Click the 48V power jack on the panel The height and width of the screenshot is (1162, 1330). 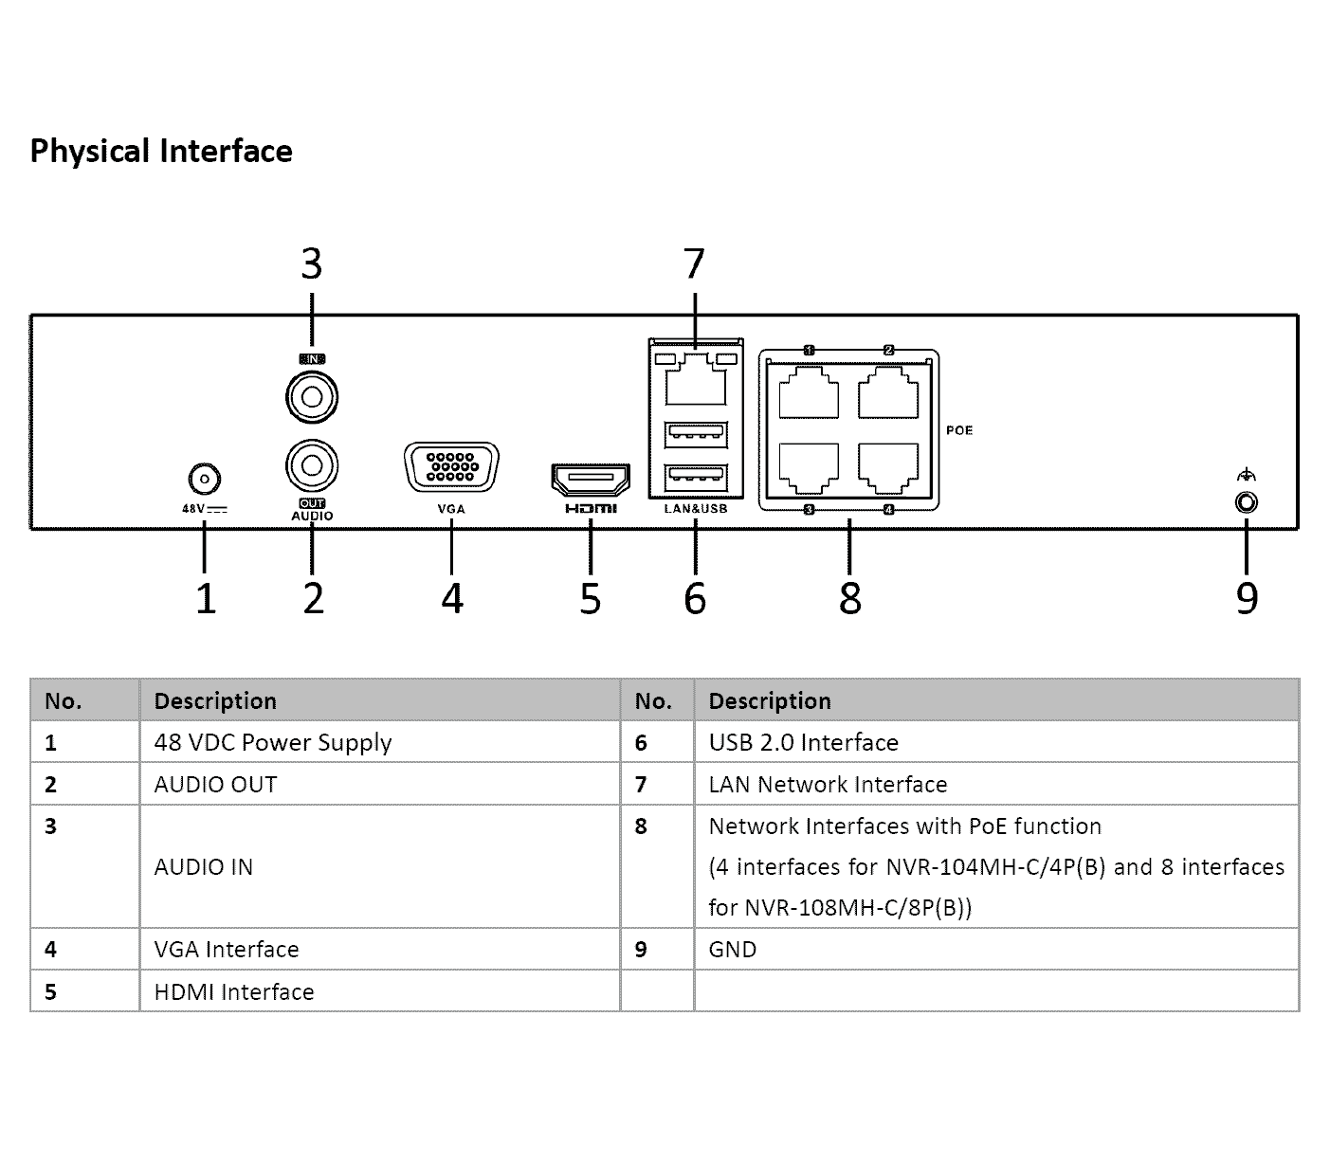[x=204, y=480]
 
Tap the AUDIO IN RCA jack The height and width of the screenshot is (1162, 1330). [x=312, y=396]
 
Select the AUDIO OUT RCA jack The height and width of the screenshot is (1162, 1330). [x=312, y=465]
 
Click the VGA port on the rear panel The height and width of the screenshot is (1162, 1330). [x=452, y=467]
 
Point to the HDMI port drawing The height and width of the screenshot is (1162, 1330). [x=591, y=480]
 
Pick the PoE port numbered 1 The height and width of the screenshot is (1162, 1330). [x=809, y=391]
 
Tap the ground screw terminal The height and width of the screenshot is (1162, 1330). [x=1247, y=502]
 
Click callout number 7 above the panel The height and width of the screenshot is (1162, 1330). [x=694, y=263]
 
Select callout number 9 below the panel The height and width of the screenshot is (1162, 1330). [x=1247, y=598]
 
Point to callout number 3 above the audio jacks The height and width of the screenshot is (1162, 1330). [x=311, y=263]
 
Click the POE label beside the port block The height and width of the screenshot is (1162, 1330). [x=959, y=430]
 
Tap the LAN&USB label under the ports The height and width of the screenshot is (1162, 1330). [x=696, y=509]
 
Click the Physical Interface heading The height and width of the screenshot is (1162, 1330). [x=161, y=151]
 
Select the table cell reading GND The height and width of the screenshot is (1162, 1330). [x=733, y=950]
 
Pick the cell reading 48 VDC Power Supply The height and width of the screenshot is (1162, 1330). [x=273, y=743]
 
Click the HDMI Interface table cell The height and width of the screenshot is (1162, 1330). [x=234, y=991]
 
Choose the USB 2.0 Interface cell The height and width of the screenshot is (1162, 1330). [x=804, y=742]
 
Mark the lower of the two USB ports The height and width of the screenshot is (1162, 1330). [x=696, y=478]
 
